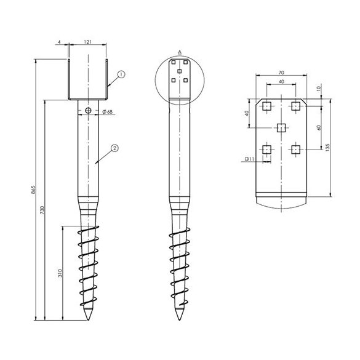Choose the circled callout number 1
121,74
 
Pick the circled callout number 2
114,148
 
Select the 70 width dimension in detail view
281,72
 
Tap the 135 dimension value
328,147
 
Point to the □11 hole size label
250,159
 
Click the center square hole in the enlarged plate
281,127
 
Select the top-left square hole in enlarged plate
266,106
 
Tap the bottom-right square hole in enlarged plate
296,149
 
